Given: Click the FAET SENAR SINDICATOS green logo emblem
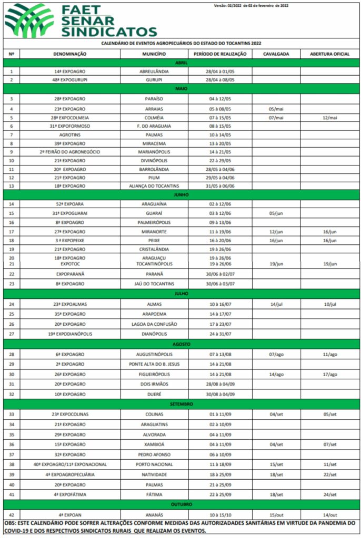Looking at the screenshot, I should [x=29, y=20].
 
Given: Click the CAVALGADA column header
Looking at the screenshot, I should [x=276, y=54].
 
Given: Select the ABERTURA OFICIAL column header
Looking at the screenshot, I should [x=329, y=54].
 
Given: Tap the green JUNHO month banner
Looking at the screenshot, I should [x=181, y=194].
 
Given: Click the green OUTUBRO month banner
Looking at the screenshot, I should [x=181, y=504].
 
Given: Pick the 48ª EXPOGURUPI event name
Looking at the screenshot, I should [x=69, y=80].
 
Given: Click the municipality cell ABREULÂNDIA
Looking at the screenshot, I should [x=154, y=71].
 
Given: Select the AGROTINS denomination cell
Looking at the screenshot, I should [x=69, y=134].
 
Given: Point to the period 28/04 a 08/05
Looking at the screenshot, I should [x=220, y=80].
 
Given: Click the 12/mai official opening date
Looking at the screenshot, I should [x=329, y=118].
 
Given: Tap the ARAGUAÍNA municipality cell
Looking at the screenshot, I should [x=154, y=204].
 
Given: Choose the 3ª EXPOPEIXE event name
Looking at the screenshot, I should [x=69, y=240].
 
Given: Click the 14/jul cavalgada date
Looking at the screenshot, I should [x=276, y=304].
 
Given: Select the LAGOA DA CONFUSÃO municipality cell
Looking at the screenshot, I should [x=154, y=324].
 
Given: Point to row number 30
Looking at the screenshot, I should [x=12, y=374].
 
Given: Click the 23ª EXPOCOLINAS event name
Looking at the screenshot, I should [x=69, y=415].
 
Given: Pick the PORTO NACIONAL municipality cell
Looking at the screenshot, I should [x=154, y=464].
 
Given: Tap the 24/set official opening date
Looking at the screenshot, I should [x=329, y=494].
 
